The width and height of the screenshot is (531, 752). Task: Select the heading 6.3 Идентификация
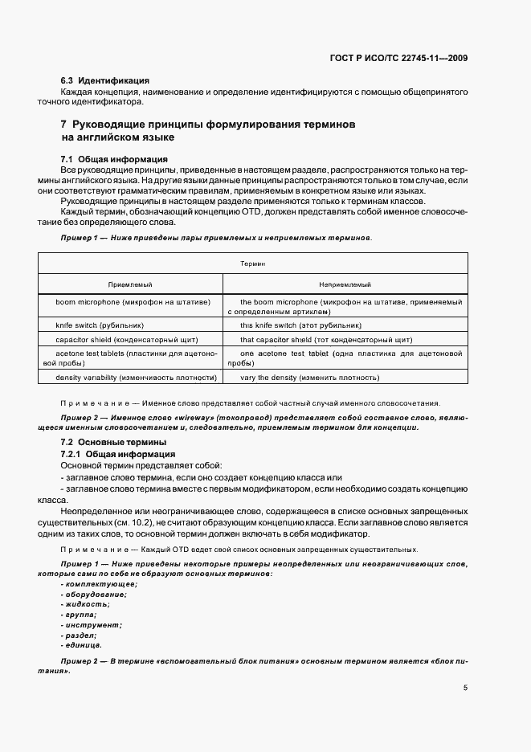point(105,81)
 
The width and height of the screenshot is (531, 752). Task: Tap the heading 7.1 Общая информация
point(114,158)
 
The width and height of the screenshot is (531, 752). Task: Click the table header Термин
point(253,263)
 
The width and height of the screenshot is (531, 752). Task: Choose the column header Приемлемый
point(130,284)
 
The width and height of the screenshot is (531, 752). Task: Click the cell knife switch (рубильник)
point(100,325)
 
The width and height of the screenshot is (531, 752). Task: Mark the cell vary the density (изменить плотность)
point(309,377)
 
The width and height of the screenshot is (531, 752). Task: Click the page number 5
point(466,688)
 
